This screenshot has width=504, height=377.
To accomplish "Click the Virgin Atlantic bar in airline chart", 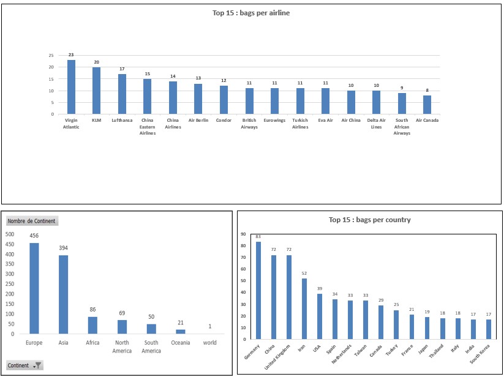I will (71, 87).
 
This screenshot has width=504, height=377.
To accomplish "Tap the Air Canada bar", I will (427, 105).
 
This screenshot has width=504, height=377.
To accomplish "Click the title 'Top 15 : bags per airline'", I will (251, 13).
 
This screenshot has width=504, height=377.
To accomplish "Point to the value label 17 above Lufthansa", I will (122, 69).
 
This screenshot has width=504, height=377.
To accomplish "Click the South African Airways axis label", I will (402, 126).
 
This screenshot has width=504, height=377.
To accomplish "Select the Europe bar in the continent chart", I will (34, 288).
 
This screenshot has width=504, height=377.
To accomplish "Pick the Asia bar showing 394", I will (63, 294).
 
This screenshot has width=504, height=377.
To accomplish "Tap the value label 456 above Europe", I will (34, 236).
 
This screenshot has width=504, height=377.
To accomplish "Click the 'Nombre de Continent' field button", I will (31, 221).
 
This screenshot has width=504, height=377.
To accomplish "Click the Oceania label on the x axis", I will (180, 343).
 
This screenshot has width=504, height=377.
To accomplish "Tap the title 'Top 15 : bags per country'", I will (369, 220).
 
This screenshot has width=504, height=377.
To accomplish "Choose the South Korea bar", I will (488, 329).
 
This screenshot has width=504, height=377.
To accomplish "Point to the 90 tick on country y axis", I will (243, 234).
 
